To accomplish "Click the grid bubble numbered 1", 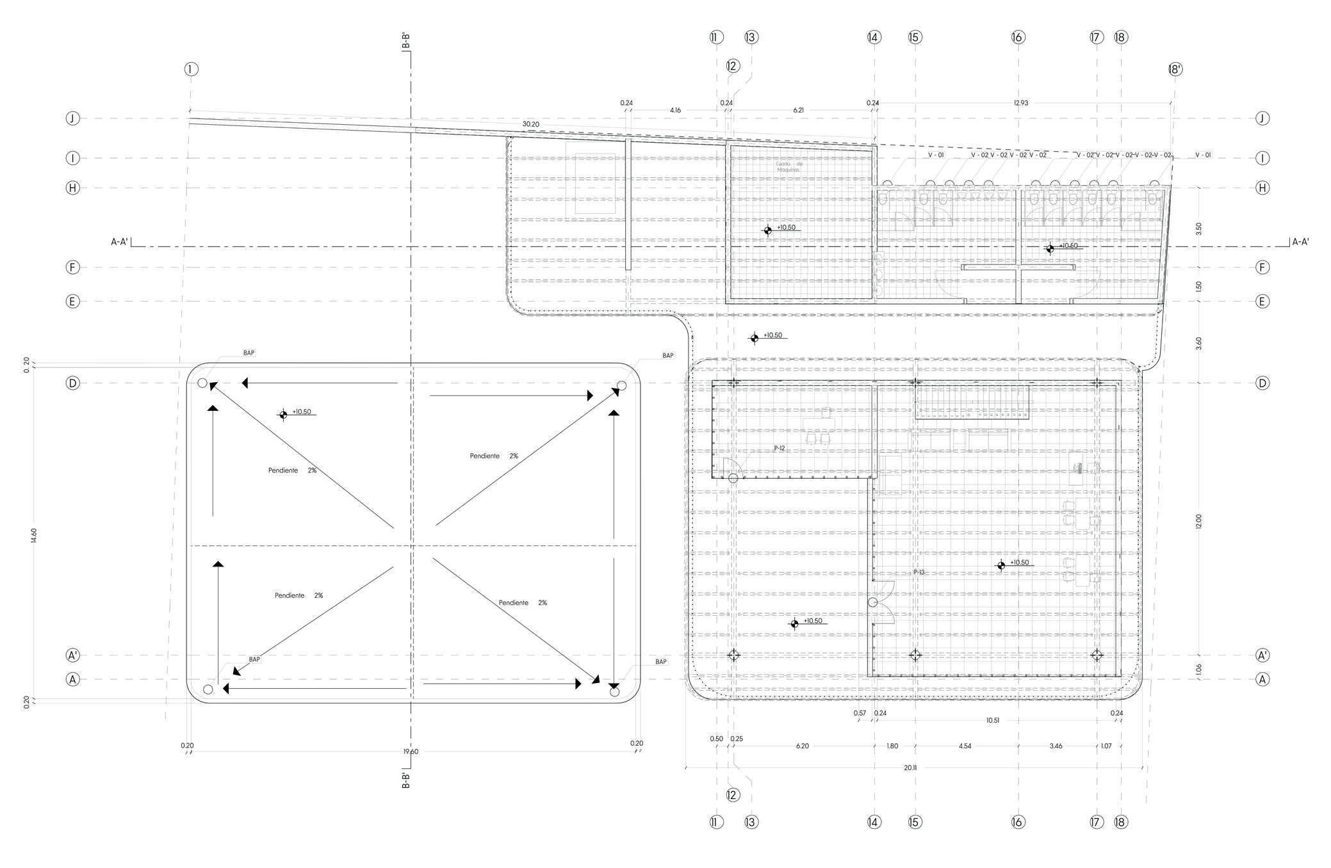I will click(x=191, y=69).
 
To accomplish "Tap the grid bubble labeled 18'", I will click(x=1175, y=69).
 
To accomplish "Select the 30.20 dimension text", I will click(x=530, y=124).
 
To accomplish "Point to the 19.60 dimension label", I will click(x=411, y=751).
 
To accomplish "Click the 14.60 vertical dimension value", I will click(x=33, y=535).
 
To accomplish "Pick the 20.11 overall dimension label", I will click(x=910, y=768).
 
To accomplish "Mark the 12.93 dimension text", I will click(x=1021, y=103).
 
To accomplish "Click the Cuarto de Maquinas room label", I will click(x=788, y=166).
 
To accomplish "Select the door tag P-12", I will click(x=779, y=448).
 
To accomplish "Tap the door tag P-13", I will click(x=919, y=572).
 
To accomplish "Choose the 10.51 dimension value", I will click(x=992, y=720).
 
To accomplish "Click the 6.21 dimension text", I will click(x=798, y=110).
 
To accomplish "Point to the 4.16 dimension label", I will click(x=675, y=110).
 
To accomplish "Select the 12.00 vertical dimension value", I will click(x=1198, y=521).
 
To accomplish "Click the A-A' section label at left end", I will click(x=119, y=242).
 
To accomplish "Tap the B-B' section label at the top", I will click(x=405, y=41).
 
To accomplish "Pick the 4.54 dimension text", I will click(x=965, y=746).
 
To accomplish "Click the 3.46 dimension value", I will click(x=1056, y=746).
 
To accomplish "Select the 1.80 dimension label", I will click(x=892, y=746).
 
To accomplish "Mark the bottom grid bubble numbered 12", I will click(x=733, y=795).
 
